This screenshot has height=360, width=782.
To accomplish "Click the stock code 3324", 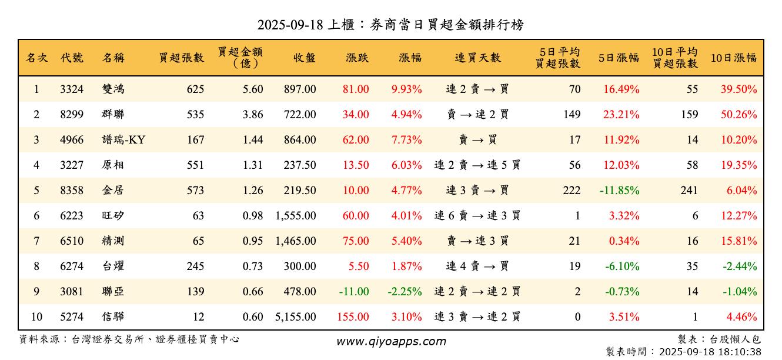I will [x=72, y=89].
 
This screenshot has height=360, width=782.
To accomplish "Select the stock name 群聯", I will [x=112, y=115].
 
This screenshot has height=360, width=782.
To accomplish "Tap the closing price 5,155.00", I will [x=295, y=317].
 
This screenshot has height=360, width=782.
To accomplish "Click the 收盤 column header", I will [x=304, y=58].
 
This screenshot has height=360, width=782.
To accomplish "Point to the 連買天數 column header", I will [x=477, y=58].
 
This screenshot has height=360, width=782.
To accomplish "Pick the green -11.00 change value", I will [x=354, y=292].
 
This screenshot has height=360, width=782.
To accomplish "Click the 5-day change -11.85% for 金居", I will [x=619, y=191].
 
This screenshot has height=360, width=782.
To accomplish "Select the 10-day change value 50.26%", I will [x=739, y=115].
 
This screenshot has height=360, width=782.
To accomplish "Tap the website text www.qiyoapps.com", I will [x=391, y=341].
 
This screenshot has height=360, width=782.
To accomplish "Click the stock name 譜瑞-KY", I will [x=123, y=140].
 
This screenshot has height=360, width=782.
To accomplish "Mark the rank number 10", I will [x=36, y=317].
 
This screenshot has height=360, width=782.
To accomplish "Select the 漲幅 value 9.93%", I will [x=406, y=89].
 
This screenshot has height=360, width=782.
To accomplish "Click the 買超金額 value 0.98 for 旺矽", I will [x=253, y=216].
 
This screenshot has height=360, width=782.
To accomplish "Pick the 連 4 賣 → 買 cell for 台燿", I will [x=477, y=266].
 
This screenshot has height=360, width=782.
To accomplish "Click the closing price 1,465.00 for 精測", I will [x=295, y=241].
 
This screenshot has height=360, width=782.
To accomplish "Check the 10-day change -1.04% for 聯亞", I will [x=740, y=292].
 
